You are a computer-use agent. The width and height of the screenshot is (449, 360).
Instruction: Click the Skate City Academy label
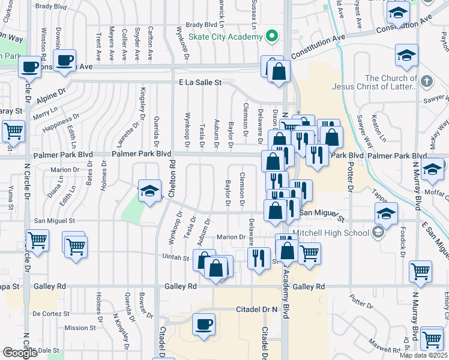[226, 37]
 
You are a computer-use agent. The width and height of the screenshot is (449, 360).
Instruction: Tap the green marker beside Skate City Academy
[273, 36]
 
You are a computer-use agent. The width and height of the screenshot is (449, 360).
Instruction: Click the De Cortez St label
[52, 314]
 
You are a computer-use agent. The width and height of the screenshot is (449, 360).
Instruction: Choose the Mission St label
[76, 328]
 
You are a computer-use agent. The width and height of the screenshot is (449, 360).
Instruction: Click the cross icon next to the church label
[426, 81]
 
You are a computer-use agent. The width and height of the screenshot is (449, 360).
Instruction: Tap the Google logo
[20, 353]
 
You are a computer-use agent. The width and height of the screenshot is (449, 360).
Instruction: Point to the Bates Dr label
[89, 174]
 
